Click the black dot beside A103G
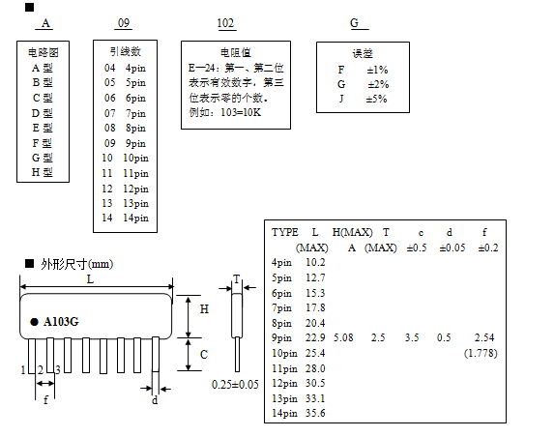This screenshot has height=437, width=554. pyautogui.click(x=34, y=322)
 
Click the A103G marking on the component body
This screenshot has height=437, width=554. pyautogui.click(x=61, y=322)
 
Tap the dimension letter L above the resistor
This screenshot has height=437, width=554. pyautogui.click(x=91, y=279)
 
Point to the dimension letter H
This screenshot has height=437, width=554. pyautogui.click(x=204, y=309)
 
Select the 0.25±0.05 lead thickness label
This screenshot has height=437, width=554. pyautogui.click(x=235, y=385)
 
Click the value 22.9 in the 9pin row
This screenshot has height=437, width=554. pyautogui.click(x=315, y=337)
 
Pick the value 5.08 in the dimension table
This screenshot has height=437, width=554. pyautogui.click(x=343, y=337)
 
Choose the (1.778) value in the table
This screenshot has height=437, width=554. pyautogui.click(x=481, y=353)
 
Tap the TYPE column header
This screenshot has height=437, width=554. pyautogui.click(x=285, y=232)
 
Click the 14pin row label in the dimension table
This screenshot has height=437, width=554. pyautogui.click(x=284, y=414)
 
